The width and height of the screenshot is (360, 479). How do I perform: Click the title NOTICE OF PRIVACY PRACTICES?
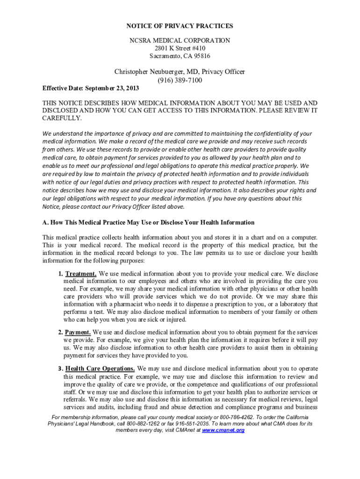(180, 26)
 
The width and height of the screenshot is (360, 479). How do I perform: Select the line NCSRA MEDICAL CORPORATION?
(180, 41)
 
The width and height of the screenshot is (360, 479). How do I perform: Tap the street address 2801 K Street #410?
(180, 49)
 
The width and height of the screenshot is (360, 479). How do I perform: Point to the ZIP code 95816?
(200, 57)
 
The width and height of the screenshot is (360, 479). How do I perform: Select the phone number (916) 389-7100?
(180, 80)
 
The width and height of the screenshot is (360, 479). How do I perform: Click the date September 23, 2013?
(112, 88)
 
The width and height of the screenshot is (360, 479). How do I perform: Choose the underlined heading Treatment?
(81, 274)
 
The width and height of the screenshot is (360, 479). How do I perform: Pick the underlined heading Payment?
(78, 333)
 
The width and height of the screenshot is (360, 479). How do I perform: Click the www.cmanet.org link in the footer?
(223, 430)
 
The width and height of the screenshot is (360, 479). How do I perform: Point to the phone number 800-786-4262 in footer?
(233, 417)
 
